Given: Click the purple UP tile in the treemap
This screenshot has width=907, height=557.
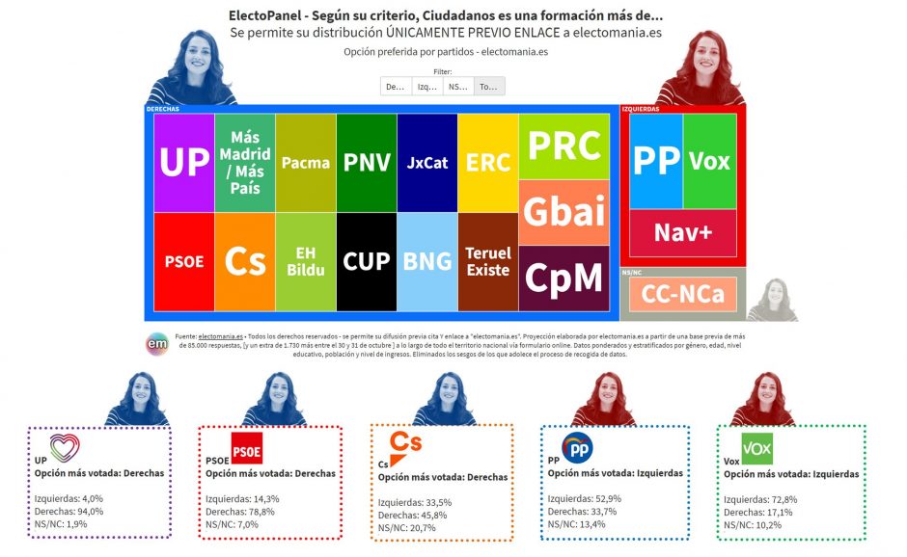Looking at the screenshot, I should (x=183, y=163).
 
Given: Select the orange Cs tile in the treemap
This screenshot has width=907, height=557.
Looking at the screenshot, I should (x=244, y=261).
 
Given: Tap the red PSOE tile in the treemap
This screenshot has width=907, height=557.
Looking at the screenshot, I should (x=183, y=261).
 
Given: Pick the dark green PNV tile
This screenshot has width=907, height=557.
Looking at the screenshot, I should (x=367, y=163).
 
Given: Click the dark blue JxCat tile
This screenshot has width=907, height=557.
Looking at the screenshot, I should (x=427, y=163).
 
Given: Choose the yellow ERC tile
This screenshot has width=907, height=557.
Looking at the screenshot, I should (x=487, y=163).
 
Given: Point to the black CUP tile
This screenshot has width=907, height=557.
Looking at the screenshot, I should (x=367, y=261).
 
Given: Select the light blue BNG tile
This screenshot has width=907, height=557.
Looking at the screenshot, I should (x=427, y=261).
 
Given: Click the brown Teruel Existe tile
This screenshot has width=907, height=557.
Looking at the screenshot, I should (x=487, y=261).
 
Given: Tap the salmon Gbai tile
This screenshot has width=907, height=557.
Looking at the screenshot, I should (x=564, y=212).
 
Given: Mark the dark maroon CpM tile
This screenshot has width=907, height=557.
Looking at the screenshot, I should (x=564, y=278).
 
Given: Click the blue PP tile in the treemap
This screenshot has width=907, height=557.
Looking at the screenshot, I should (x=656, y=161).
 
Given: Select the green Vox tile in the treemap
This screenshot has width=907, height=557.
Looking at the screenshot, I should (x=709, y=161).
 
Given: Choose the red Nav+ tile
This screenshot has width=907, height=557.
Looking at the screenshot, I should (x=683, y=232).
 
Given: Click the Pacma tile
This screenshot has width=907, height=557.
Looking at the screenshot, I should (x=306, y=163).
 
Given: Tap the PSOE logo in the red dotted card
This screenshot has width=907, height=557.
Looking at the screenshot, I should (x=246, y=448).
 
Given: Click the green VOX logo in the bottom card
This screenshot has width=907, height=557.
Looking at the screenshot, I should (x=756, y=448).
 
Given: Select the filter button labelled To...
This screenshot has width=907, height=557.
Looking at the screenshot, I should (x=489, y=87).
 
